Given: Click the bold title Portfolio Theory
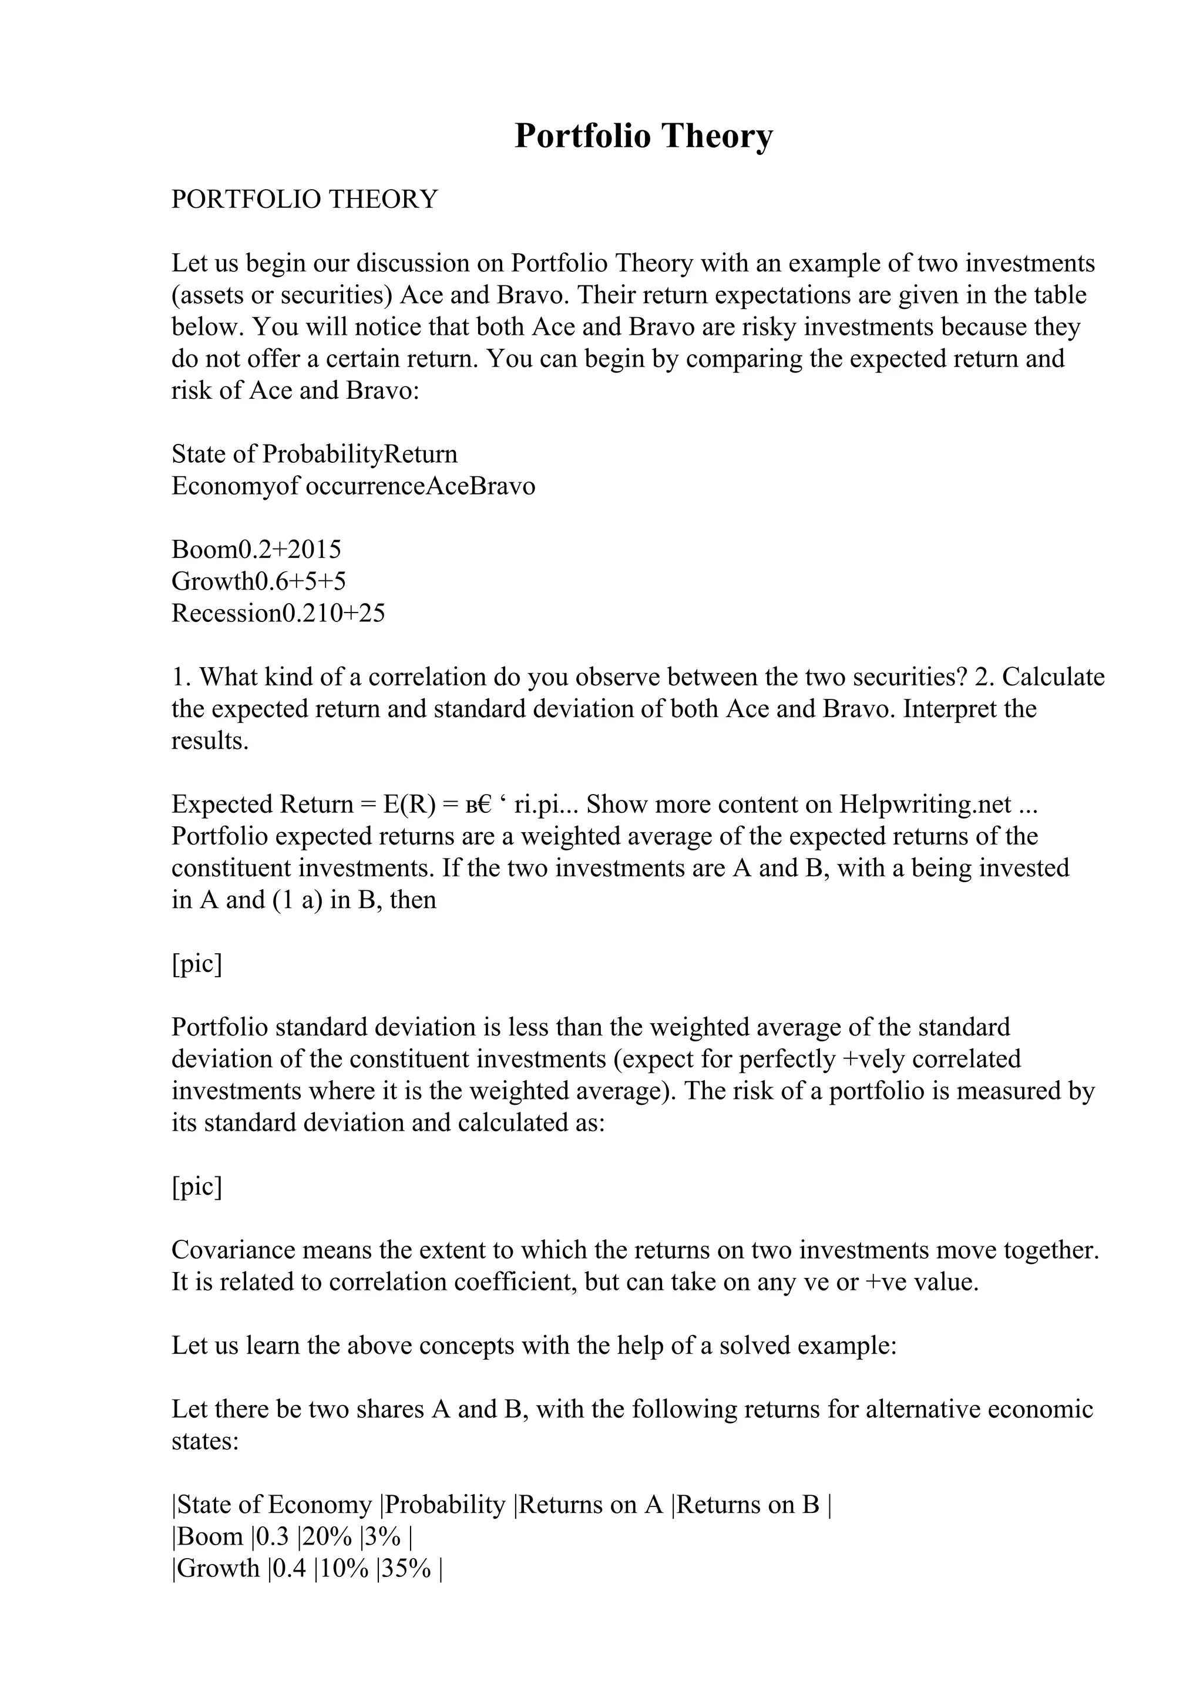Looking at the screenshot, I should (643, 136).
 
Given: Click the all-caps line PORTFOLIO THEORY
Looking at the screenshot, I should (305, 200).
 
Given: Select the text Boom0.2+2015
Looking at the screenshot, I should (256, 549).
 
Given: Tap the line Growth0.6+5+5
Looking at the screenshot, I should (258, 581).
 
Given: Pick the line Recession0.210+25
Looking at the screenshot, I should (278, 613).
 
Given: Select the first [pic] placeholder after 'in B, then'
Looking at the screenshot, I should (196, 964).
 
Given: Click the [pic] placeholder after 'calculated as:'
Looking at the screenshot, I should (196, 1187).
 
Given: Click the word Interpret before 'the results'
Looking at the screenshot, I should (949, 709).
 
